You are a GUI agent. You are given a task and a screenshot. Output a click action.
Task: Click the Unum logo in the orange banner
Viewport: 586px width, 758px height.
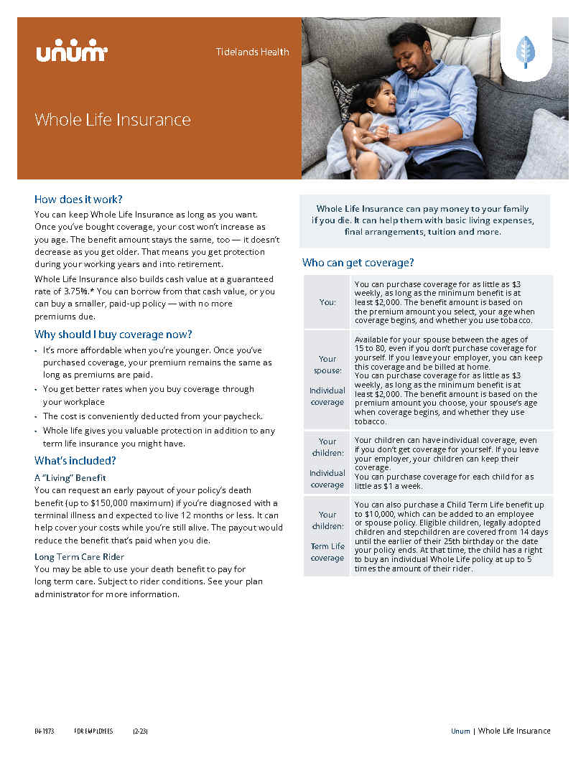[71, 52]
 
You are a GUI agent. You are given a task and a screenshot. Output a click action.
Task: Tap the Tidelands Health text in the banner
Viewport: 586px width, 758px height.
[252, 52]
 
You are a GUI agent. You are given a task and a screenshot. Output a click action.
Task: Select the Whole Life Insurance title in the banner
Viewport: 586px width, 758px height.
[113, 119]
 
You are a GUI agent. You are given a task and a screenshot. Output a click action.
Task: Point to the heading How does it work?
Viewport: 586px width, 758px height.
[78, 199]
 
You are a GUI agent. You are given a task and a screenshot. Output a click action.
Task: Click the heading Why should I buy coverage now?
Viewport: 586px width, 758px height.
[113, 334]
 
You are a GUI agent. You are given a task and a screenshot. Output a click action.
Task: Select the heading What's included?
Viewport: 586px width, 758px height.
[75, 461]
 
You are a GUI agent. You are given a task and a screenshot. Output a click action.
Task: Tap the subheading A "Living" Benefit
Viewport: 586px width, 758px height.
[70, 477]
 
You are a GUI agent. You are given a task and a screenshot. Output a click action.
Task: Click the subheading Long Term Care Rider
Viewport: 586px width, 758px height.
[79, 556]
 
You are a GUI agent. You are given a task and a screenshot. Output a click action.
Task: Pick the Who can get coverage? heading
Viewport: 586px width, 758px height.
[358, 263]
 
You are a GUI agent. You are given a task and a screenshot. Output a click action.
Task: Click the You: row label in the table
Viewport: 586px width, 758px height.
[327, 302]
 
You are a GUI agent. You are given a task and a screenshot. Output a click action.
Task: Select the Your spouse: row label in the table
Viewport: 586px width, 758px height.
[327, 365]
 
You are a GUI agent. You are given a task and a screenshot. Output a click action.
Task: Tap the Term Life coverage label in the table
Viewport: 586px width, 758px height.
[327, 552]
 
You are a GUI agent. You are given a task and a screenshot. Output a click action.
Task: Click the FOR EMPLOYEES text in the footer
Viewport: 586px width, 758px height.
[93, 731]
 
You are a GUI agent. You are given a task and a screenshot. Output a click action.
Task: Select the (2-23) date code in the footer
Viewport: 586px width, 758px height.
[140, 731]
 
